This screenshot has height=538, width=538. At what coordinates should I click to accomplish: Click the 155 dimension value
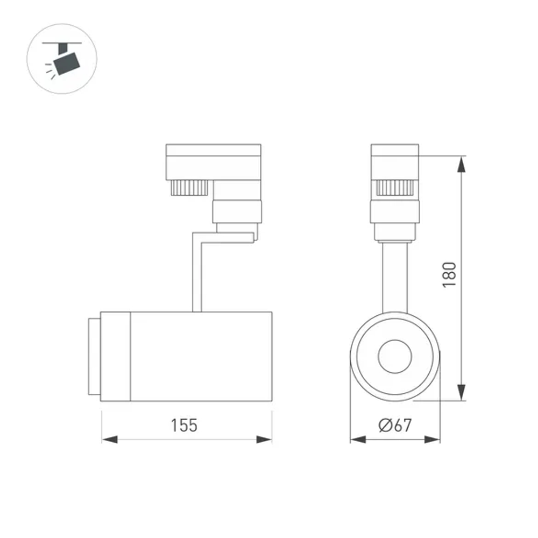[x=185, y=426]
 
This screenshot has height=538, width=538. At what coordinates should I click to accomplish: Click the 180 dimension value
[x=449, y=274]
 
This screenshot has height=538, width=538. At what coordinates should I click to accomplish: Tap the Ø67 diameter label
[x=395, y=426]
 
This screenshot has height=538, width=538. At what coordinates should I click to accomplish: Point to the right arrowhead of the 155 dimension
[x=264, y=440]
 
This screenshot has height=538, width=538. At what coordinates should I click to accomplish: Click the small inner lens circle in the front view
[x=395, y=356]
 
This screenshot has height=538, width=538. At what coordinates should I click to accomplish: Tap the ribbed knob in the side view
[x=189, y=188]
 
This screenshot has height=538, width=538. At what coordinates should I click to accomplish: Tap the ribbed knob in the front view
[x=395, y=187]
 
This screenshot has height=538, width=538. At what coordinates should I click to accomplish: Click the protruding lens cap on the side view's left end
[x=93, y=356]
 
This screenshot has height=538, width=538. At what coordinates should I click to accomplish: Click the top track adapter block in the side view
[x=214, y=156]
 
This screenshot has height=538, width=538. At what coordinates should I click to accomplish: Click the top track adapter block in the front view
[x=395, y=156]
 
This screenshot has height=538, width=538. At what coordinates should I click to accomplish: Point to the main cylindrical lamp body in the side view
[x=202, y=356]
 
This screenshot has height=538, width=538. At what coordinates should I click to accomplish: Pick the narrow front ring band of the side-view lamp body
[x=116, y=356]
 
